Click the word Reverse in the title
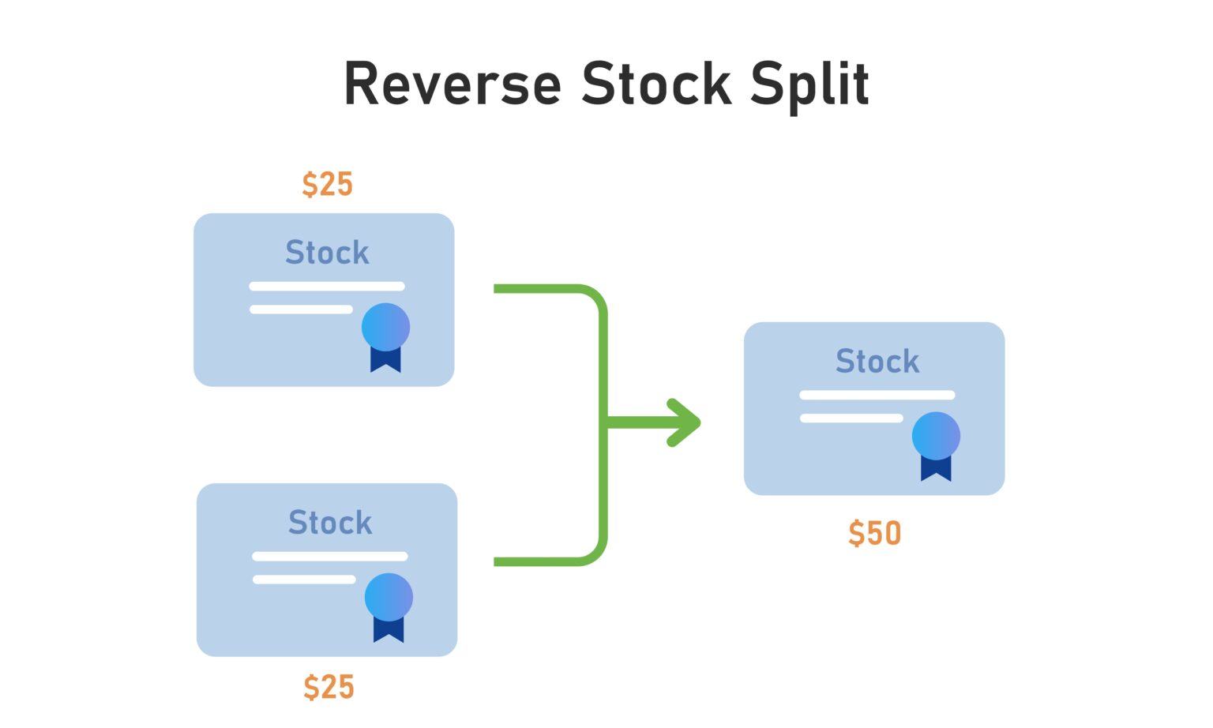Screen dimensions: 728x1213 [x=453, y=84]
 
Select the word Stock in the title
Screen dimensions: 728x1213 [x=656, y=84]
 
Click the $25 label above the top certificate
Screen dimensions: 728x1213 [x=327, y=184]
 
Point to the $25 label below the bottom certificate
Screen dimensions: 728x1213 [x=329, y=687]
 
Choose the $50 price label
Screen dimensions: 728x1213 [x=874, y=533]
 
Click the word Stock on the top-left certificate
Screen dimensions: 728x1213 [x=327, y=253]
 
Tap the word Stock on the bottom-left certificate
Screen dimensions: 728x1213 [x=330, y=523]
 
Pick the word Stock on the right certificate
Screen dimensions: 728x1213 [x=877, y=362]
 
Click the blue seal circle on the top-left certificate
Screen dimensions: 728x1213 [x=385, y=327]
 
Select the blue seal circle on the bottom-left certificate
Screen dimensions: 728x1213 [x=389, y=597]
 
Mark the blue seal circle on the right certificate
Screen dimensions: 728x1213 [x=936, y=436]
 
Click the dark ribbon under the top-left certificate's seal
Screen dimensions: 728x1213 [x=385, y=360]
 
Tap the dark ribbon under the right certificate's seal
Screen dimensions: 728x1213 [x=936, y=469]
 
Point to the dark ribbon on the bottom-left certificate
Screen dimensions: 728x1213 [x=389, y=630]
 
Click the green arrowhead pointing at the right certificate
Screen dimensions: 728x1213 [x=684, y=423]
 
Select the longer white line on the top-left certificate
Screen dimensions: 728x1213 [x=327, y=287]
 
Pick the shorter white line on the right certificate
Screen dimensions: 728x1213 [x=851, y=418]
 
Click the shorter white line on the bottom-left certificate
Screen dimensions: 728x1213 [x=304, y=580]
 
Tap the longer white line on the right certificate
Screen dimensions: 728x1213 [x=877, y=395]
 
